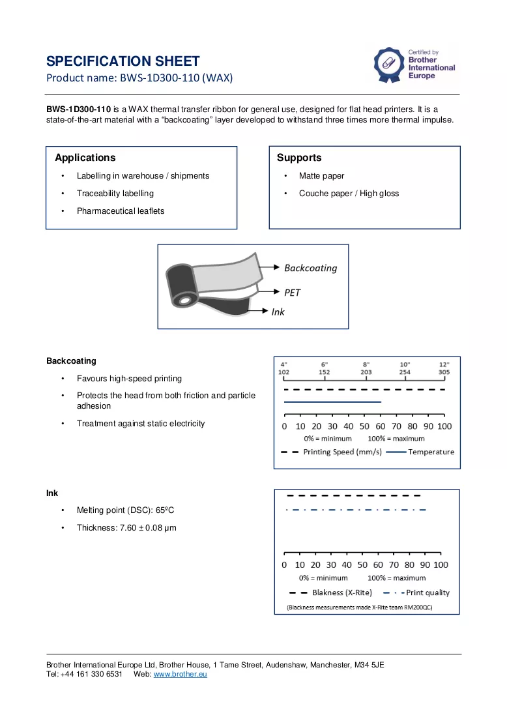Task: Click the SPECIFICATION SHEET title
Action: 123,61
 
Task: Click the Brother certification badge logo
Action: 388,65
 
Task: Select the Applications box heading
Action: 85,158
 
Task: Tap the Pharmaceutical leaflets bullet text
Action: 121,211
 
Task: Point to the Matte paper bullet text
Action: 321,175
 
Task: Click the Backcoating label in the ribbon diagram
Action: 310,268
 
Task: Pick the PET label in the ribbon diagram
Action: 292,293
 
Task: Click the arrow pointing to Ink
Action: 257,311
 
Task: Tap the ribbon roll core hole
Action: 184,301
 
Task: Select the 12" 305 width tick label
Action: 444,368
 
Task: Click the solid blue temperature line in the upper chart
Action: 332,402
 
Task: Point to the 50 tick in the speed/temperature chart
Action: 364,426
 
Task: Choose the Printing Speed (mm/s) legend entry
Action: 331,452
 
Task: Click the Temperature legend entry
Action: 420,452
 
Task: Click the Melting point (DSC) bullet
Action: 125,510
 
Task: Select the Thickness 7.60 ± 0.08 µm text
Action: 126,528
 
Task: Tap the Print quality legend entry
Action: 416,593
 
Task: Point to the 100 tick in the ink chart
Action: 441,564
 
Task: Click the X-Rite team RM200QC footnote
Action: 359,607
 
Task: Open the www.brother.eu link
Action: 180,674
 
